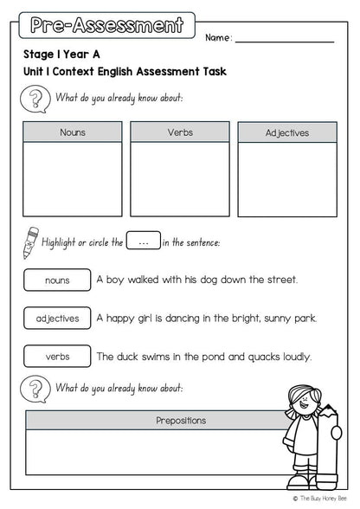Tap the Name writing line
(284, 41)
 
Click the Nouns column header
(73, 132)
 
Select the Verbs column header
(180, 132)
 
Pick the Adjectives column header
(286, 133)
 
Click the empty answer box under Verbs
(180, 179)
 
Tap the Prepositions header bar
(180, 420)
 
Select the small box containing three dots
(143, 243)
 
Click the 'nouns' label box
(57, 280)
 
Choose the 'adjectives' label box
(57, 319)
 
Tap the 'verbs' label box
(57, 356)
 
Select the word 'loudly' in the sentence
(293, 356)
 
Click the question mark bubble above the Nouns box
(34, 99)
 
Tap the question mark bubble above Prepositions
(34, 389)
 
